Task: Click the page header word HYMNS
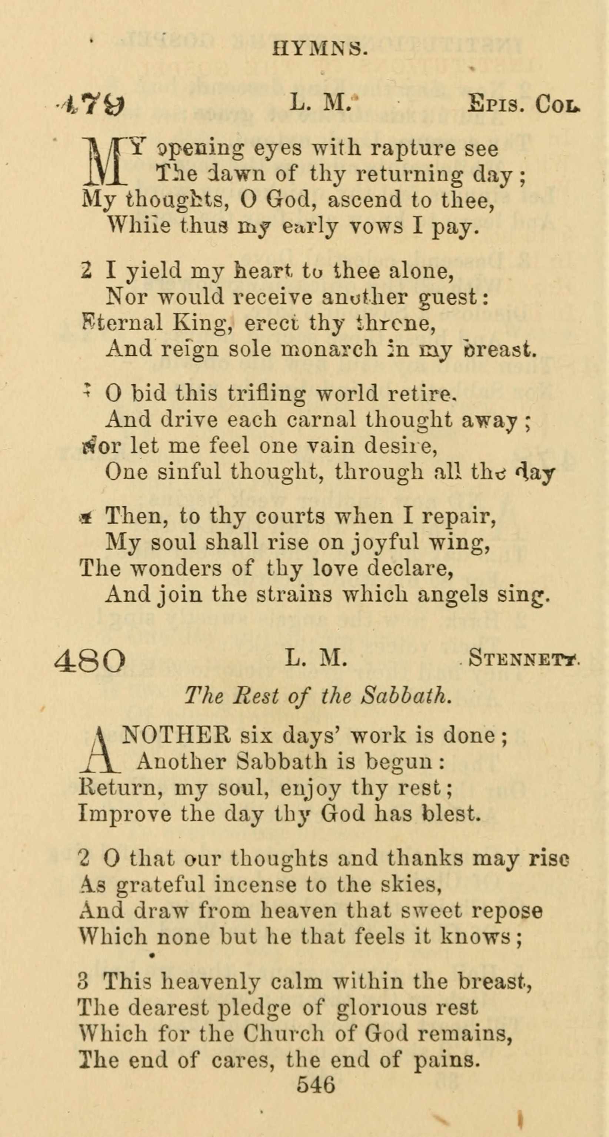(320, 48)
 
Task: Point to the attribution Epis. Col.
(523, 105)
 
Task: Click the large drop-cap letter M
(105, 162)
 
